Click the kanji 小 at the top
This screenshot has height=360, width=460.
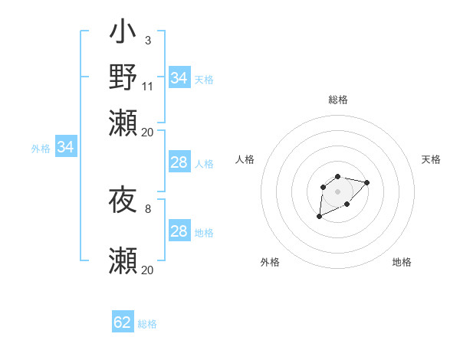(123, 35)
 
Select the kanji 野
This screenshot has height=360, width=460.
(123, 77)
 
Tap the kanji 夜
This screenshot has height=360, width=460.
(123, 201)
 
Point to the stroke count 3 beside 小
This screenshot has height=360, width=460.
(147, 40)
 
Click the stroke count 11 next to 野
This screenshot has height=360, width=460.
(148, 87)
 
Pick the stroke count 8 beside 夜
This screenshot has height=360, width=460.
(147, 208)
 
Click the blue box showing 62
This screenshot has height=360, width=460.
(123, 322)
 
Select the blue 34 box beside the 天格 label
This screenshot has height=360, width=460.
(179, 78)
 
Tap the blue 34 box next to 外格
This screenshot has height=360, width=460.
(65, 147)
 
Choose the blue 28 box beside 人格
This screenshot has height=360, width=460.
(179, 162)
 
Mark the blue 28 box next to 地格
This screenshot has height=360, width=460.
(179, 232)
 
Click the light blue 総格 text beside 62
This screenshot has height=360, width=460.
(147, 324)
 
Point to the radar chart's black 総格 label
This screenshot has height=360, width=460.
(338, 100)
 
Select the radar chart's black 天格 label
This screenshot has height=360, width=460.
(431, 159)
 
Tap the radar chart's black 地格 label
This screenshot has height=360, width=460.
(402, 262)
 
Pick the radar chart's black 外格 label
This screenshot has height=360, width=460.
(270, 262)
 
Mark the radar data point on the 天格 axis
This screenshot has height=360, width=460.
(367, 182)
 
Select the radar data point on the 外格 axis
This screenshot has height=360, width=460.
(319, 217)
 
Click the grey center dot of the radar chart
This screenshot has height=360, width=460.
(337, 191)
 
